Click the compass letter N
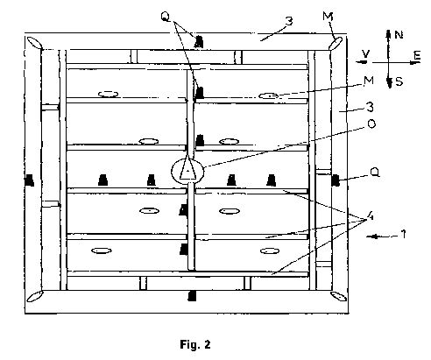coord(399,35)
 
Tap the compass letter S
coord(399,82)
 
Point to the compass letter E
coord(417,55)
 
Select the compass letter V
coord(365,53)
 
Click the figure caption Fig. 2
coord(195,345)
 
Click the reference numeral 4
coord(370,216)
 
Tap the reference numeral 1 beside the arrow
coord(403,234)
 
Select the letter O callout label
coord(371,124)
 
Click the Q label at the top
coord(166,17)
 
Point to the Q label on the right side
coord(375,173)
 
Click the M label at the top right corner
coord(328,17)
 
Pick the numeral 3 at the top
coord(289,21)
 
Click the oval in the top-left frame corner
coord(35,43)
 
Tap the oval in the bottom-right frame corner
coord(338,296)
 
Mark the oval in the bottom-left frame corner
coord(35,296)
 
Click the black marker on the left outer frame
coord(30,180)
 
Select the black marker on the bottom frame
coord(192,296)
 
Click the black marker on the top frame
coord(199,41)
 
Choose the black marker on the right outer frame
coord(336,180)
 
